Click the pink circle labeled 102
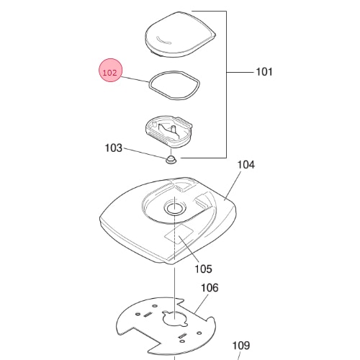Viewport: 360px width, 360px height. [111, 71]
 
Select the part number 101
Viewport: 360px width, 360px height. [264, 72]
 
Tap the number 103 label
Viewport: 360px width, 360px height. [114, 148]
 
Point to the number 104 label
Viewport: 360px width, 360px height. [246, 165]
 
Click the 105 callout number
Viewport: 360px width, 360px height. [203, 269]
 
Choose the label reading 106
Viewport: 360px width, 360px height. [210, 288]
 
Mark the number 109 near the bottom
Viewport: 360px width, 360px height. [241, 346]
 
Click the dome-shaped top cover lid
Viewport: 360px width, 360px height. [180, 34]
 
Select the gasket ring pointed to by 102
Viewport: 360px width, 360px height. [150, 85]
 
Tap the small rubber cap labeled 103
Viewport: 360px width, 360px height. [171, 159]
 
